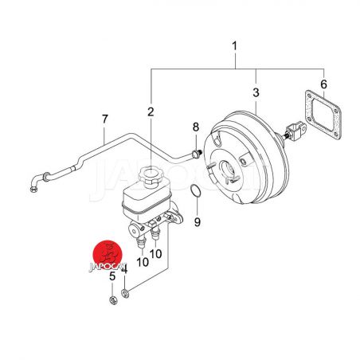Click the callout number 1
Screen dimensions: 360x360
click(234, 45)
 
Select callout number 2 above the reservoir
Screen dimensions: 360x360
click(151, 112)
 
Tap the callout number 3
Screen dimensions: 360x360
click(256, 92)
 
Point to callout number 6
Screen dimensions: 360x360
click(323, 84)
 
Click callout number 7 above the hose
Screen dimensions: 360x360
click(105, 119)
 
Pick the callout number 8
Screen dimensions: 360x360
click(196, 127)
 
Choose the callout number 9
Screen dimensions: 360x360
click(197, 222)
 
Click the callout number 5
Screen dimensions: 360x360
click(112, 276)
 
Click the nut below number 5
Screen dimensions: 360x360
click(113, 300)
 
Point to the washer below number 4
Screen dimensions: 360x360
click(125, 293)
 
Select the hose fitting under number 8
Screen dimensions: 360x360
click(196, 154)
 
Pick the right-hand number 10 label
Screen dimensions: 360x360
click(155, 253)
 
